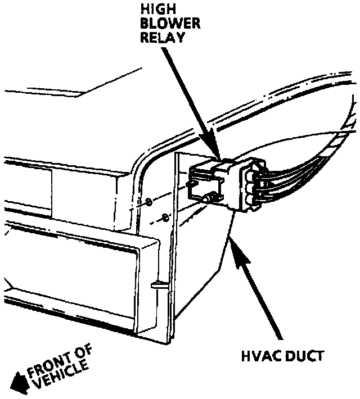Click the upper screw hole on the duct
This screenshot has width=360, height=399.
(x=147, y=201)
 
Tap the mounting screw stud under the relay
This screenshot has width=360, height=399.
(x=211, y=197)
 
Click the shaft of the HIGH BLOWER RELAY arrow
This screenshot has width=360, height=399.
(x=188, y=96)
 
